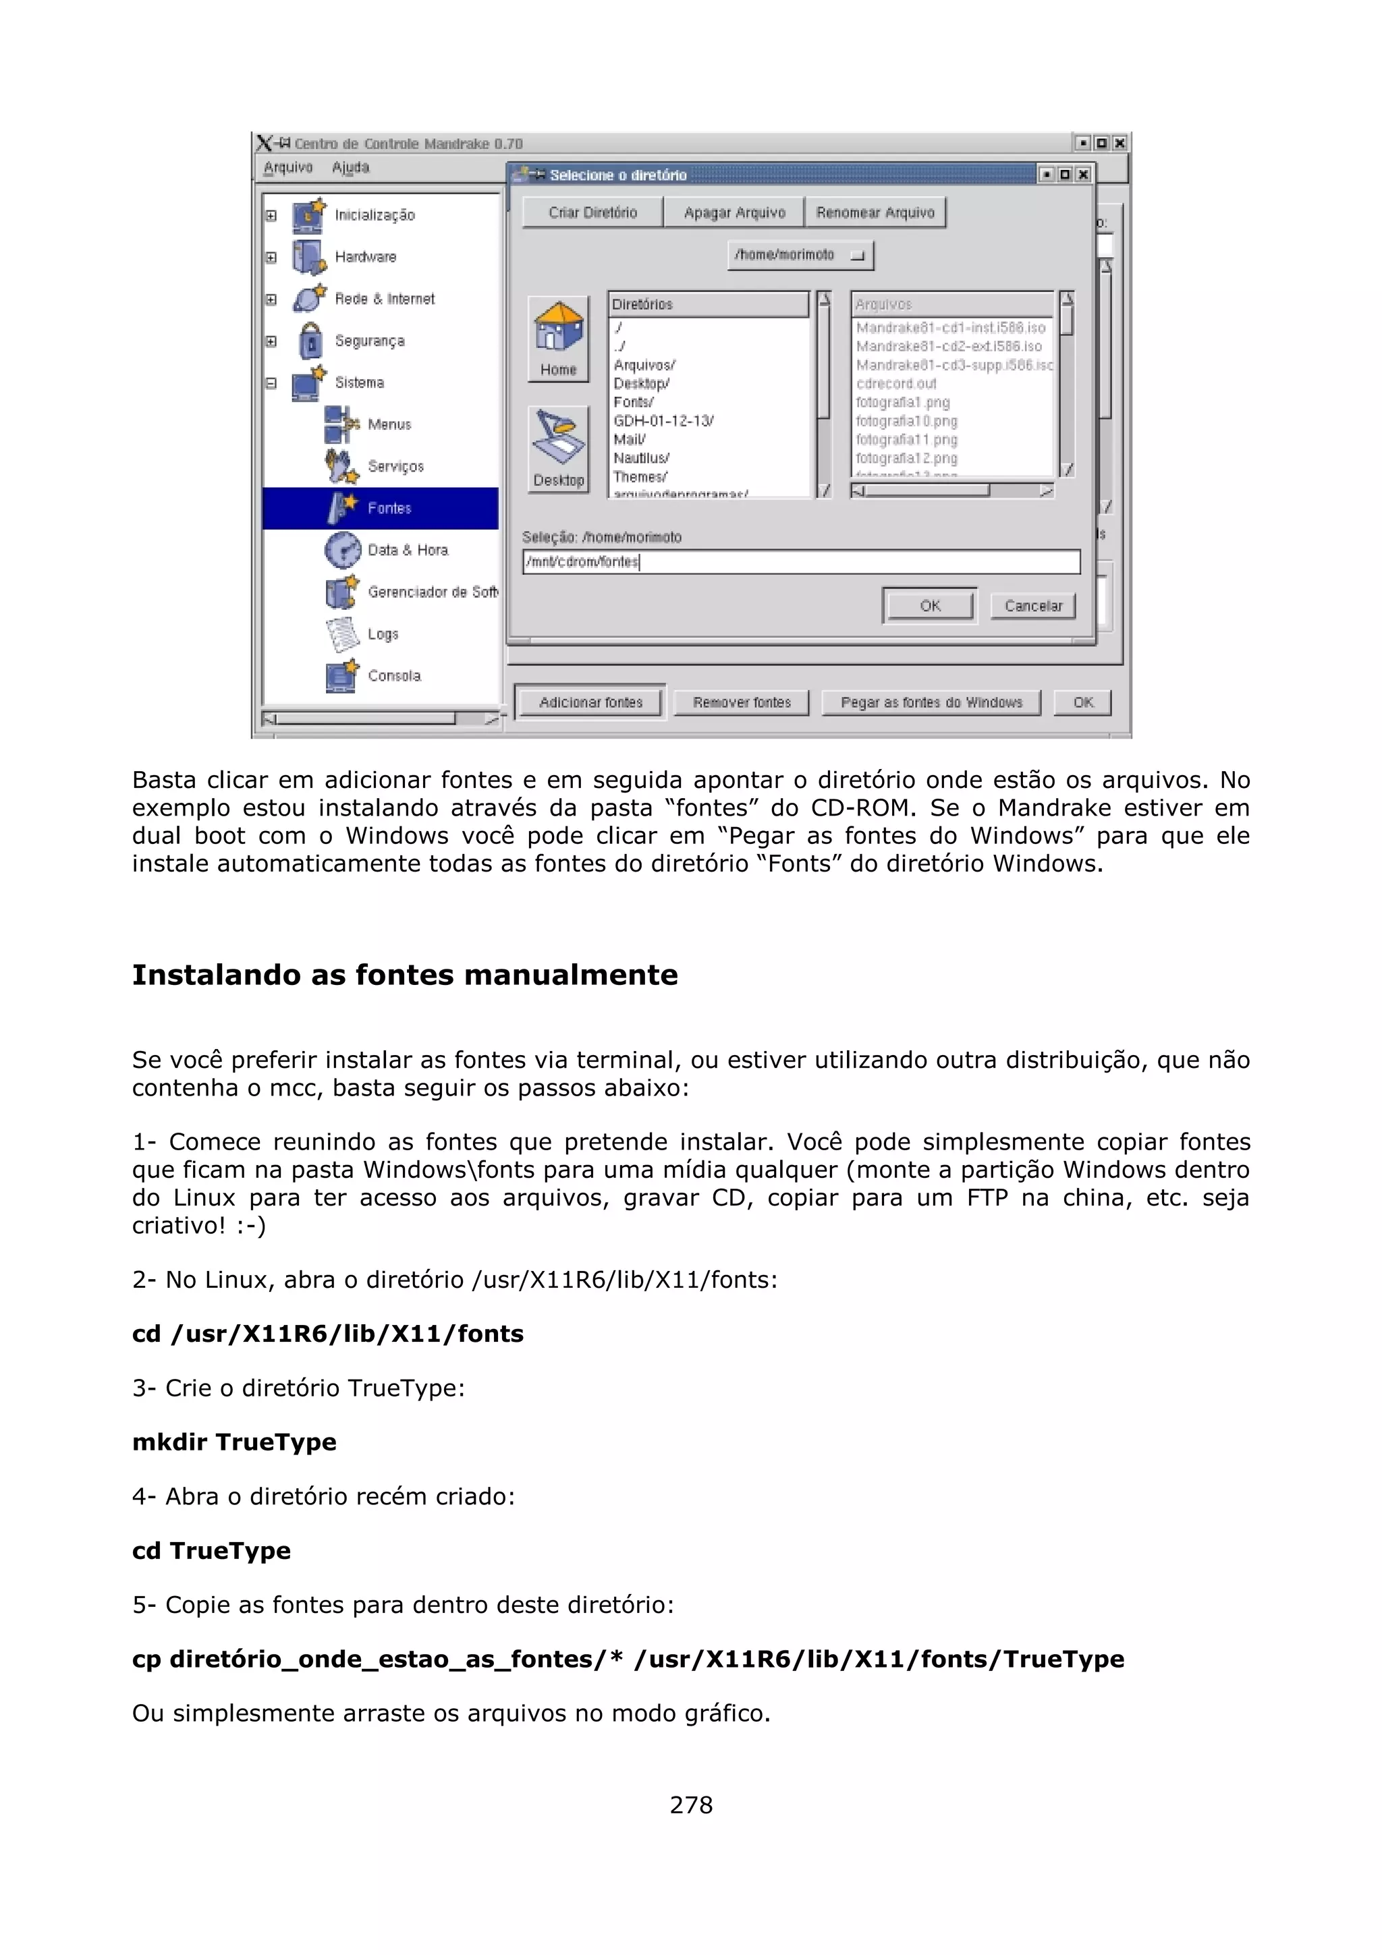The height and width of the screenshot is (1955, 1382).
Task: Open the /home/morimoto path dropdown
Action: click(x=800, y=254)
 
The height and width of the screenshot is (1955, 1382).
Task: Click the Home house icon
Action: click(x=558, y=328)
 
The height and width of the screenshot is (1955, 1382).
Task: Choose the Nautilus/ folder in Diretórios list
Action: click(x=641, y=458)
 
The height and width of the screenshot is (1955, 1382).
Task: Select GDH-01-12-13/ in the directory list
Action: click(x=663, y=421)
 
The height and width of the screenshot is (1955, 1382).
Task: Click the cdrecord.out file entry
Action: click(x=895, y=383)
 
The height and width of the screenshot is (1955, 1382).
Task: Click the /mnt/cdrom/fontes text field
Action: click(x=800, y=562)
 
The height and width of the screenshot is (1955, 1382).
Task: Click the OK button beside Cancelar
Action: click(x=929, y=605)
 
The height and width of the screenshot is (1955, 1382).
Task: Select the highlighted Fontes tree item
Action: click(x=389, y=509)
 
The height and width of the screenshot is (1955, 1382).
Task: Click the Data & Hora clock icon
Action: click(x=342, y=550)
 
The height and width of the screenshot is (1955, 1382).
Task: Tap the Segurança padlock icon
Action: click(x=311, y=341)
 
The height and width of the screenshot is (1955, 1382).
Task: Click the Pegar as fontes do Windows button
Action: click(x=931, y=702)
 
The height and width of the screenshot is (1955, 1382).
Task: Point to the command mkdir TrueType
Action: click(x=234, y=1442)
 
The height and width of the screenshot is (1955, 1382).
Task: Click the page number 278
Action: click(x=690, y=1805)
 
